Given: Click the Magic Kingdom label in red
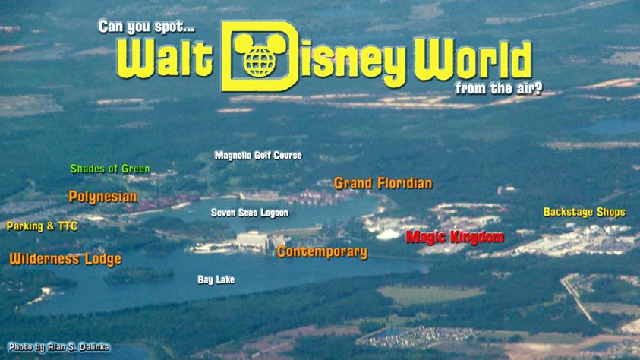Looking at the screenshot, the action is [x=455, y=237].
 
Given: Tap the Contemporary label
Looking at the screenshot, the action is [x=322, y=252].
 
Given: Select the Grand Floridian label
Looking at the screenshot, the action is [x=383, y=183].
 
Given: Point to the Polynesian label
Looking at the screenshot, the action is [x=102, y=197].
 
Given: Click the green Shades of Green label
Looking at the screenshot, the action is [x=110, y=169].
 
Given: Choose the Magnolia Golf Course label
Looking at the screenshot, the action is [x=258, y=155].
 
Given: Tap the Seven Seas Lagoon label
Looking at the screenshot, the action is [x=249, y=213].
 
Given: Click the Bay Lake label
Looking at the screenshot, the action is [x=216, y=279].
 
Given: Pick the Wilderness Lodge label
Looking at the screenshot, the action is [x=65, y=259].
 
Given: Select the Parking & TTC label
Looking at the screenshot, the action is [x=42, y=226].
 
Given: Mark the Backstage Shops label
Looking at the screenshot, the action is [x=584, y=212].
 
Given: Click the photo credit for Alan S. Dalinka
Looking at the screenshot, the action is [x=58, y=347].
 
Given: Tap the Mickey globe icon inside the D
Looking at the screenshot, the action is [x=259, y=55].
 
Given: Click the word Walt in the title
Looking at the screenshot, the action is [x=165, y=59].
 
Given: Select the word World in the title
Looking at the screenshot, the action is [x=473, y=61].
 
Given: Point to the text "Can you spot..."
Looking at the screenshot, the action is [x=147, y=27].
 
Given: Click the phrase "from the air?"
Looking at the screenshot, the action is [x=499, y=88].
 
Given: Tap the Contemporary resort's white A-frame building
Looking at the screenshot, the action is [x=252, y=240].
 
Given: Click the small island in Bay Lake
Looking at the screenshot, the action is [x=138, y=275].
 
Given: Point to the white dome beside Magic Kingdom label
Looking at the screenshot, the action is [x=388, y=234].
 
